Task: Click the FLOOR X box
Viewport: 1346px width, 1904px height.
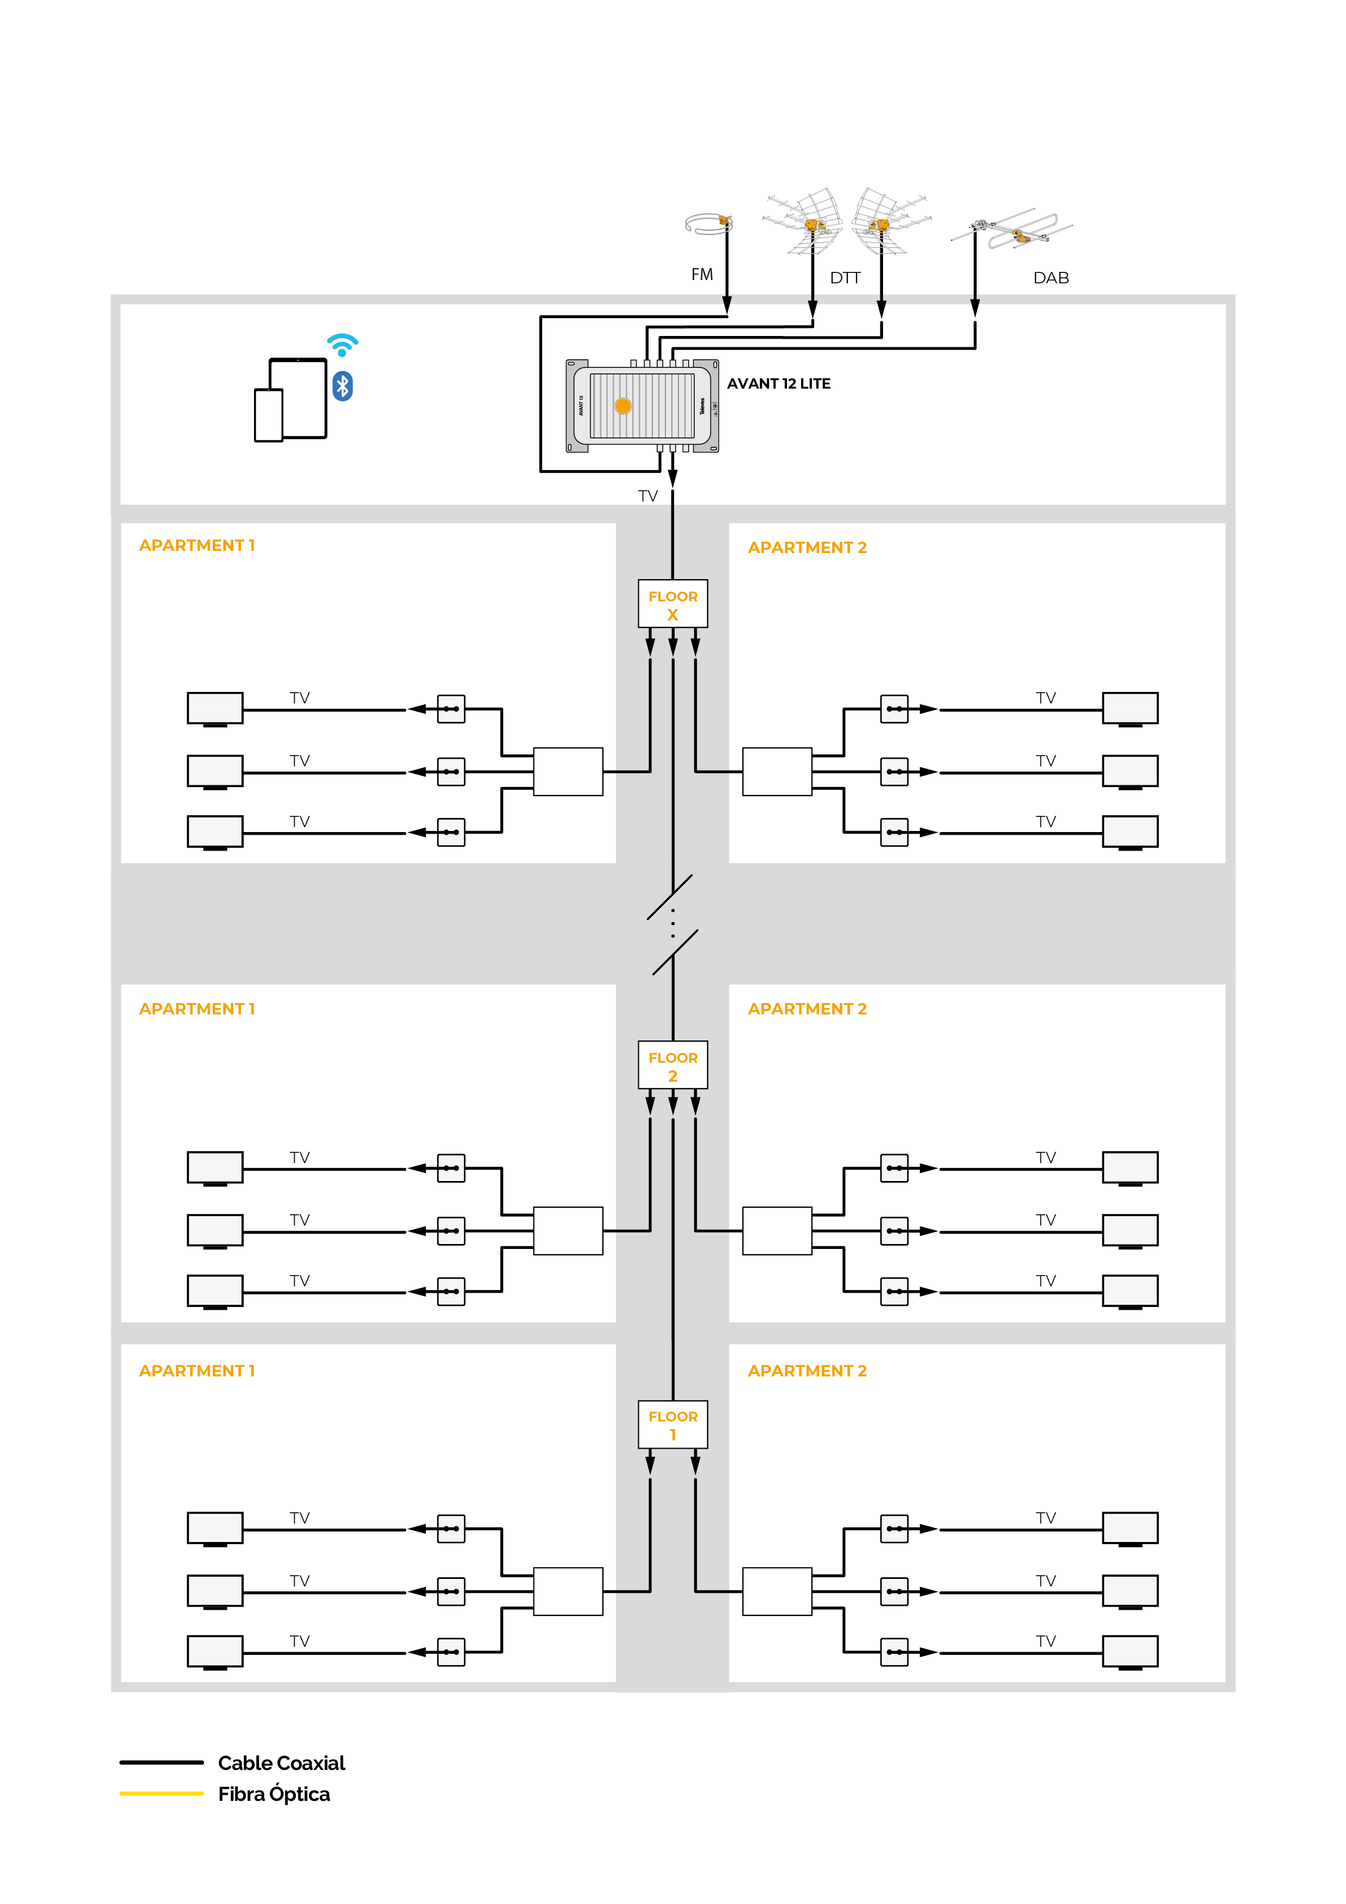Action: (672, 604)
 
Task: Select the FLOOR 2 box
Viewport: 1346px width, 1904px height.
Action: (672, 1065)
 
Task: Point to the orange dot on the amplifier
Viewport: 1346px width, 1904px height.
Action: (623, 405)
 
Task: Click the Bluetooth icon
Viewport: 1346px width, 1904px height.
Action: (342, 385)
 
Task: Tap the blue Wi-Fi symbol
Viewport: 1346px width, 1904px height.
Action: (342, 344)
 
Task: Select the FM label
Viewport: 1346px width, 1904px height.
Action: (702, 275)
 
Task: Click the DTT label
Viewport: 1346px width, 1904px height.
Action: (845, 278)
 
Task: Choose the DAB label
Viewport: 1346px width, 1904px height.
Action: (1051, 278)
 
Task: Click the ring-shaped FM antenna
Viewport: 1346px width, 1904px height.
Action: (707, 224)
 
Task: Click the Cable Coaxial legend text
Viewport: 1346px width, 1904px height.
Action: (281, 1762)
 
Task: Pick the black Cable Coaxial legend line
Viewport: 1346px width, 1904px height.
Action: (162, 1762)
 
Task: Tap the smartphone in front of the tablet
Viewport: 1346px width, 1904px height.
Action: (269, 415)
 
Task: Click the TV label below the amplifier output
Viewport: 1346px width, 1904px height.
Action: (647, 496)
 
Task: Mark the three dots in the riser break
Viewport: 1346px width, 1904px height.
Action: (672, 923)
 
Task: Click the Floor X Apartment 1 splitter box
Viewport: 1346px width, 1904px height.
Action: (568, 771)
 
